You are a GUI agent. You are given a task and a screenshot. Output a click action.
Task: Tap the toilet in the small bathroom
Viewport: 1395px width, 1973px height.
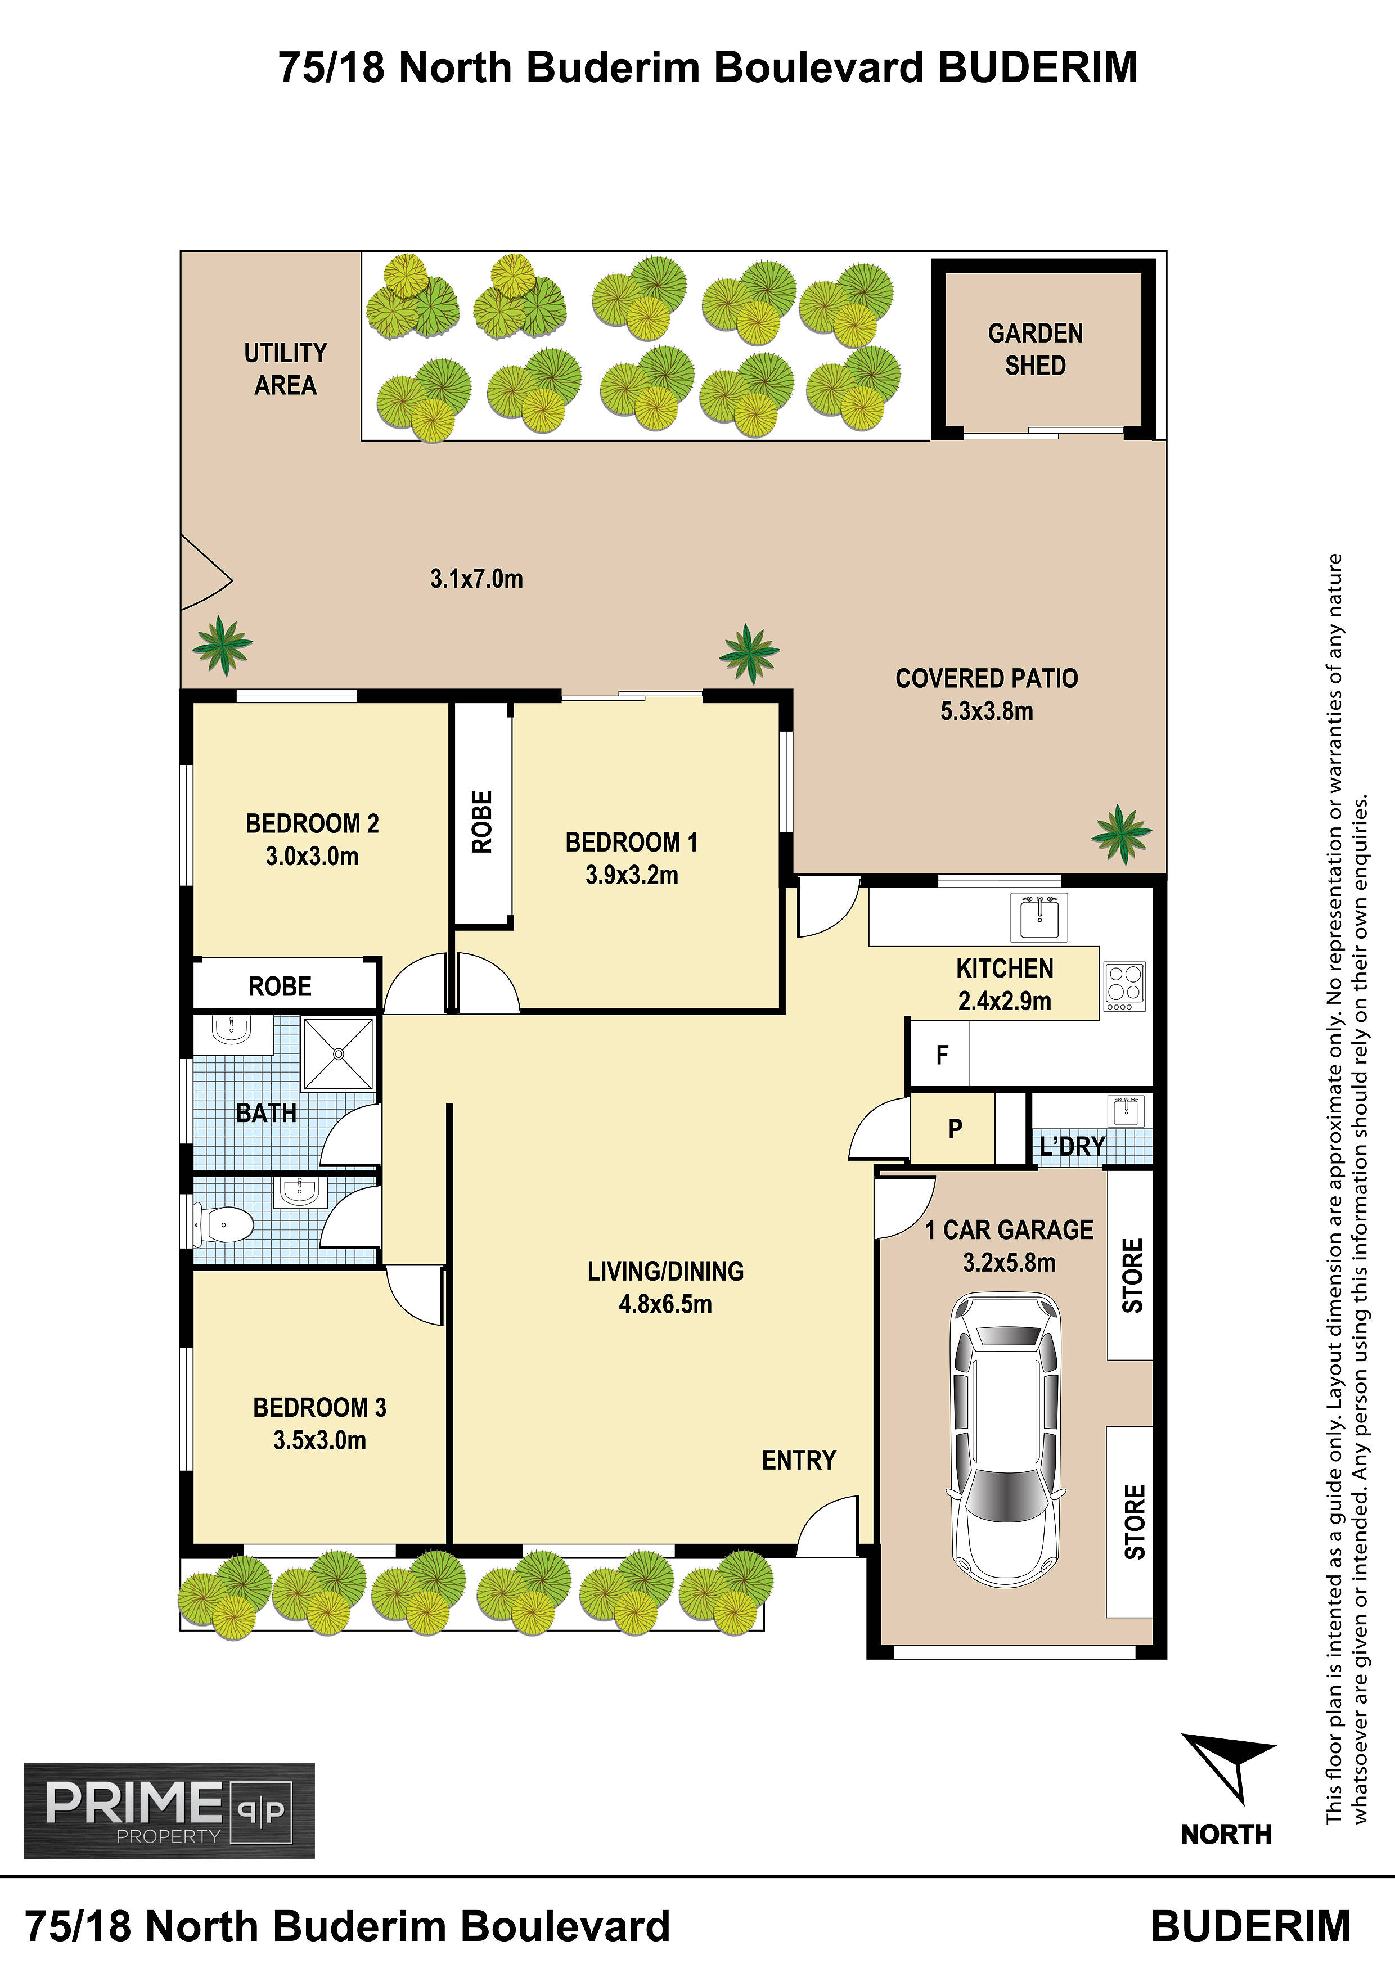coord(223,1224)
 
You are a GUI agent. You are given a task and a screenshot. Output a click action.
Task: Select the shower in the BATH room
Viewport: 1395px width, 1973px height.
coord(339,1053)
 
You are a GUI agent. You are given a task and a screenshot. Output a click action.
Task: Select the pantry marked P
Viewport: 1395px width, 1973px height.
coord(954,1128)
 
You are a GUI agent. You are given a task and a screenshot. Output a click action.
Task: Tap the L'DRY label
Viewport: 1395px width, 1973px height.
coord(1072,1146)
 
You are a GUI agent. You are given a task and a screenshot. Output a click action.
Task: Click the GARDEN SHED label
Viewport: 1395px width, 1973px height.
coord(1036,349)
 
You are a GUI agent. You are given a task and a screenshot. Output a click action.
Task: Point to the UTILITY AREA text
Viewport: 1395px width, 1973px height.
coord(285,368)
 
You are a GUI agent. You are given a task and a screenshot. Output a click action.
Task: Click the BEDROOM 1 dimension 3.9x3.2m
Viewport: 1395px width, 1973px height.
coord(632,875)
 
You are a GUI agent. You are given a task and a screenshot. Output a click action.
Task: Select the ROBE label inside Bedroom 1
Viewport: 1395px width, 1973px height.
coord(482,822)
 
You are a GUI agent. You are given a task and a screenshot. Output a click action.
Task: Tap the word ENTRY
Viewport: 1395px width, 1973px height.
coord(799,1460)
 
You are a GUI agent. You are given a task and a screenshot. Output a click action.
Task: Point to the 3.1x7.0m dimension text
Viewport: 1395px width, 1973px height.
coord(476,578)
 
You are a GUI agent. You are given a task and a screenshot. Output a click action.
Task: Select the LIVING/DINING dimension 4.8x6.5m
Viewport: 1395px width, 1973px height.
coord(665,1304)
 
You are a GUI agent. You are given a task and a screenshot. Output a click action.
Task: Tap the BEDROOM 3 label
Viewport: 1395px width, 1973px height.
coord(319,1408)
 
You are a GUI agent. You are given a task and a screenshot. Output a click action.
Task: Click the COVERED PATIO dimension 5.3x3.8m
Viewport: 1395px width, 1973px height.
coord(987,711)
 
